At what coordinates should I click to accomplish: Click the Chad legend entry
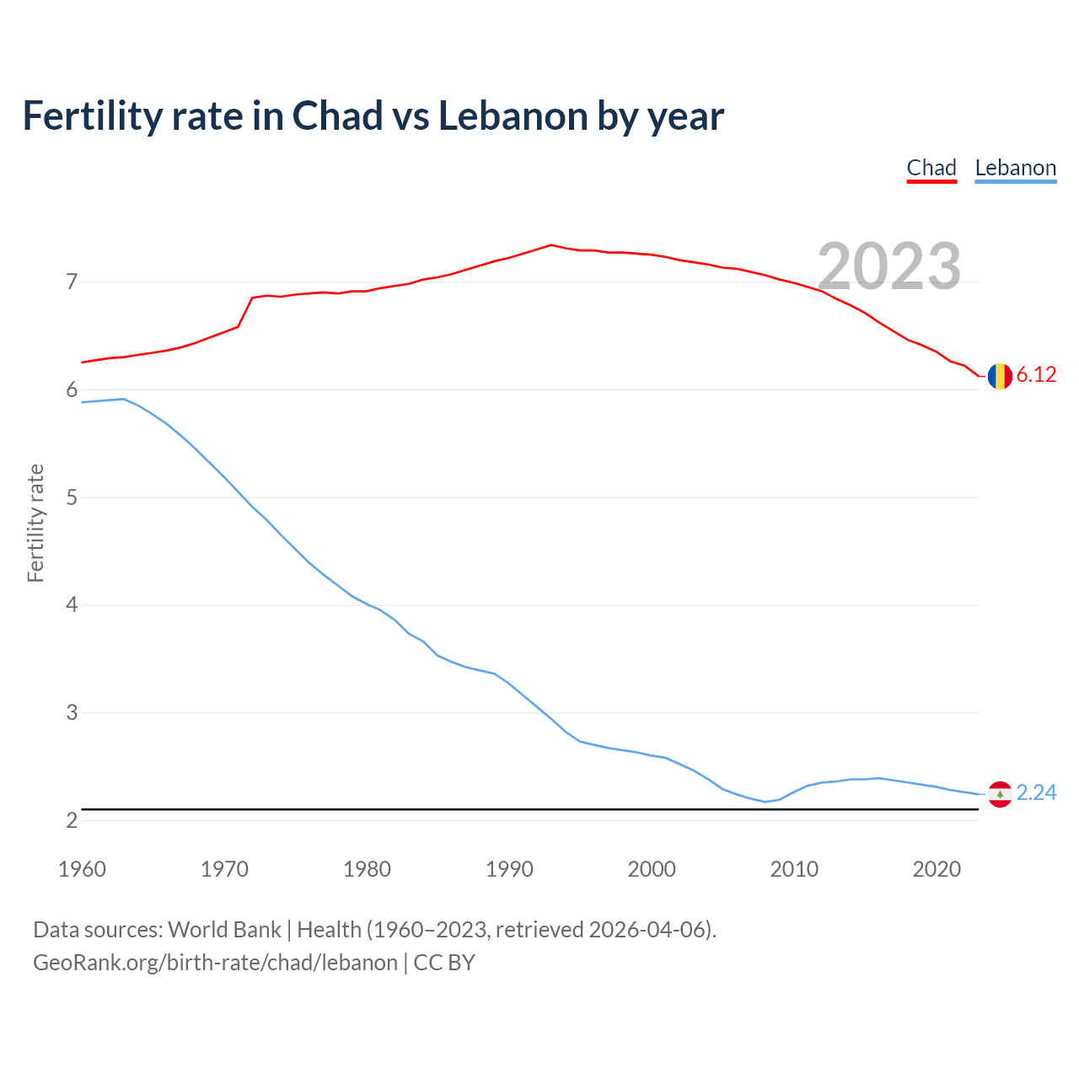931,168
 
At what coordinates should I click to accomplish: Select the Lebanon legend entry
1015,168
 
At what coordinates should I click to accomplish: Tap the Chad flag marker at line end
1000,376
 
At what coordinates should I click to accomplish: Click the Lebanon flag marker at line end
1000,794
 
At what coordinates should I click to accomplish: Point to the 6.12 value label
1036,375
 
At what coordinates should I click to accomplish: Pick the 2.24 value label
1036,793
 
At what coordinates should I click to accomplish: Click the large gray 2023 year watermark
889,266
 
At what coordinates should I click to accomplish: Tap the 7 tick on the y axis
72,282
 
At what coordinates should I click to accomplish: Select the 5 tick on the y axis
72,497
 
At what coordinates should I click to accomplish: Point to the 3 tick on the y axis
72,713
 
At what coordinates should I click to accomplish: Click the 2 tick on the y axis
72,820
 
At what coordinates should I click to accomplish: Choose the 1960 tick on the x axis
82,869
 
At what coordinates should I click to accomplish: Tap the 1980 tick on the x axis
367,869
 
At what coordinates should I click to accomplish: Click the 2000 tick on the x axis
652,869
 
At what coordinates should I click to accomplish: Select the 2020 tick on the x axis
937,869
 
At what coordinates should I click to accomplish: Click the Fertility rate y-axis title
35,523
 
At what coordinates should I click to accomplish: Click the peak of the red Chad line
551,245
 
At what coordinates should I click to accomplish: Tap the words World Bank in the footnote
224,930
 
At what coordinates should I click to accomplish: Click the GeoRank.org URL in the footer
215,963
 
